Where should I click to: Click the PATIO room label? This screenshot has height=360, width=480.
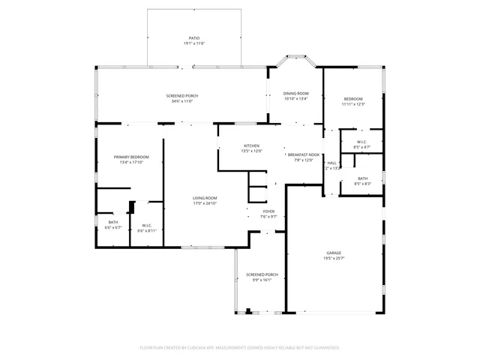[193, 37]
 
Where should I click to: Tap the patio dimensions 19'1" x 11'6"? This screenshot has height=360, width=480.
[193, 43]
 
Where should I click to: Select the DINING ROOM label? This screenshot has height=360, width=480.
[295, 93]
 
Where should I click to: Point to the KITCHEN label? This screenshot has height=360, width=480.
[251, 145]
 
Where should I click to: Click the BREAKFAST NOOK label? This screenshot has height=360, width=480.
[304, 154]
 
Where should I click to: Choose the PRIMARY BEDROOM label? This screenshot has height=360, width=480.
[131, 157]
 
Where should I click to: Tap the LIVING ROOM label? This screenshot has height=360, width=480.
[205, 198]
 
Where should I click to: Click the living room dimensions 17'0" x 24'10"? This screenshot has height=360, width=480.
[205, 203]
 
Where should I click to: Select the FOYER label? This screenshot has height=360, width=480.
[268, 211]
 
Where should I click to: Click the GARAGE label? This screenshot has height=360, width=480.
[334, 253]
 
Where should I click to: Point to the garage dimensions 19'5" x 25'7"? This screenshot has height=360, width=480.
[334, 259]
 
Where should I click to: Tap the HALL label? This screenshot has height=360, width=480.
[331, 163]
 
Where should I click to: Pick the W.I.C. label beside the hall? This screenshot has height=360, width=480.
[361, 142]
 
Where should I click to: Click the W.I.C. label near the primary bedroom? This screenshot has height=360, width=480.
[147, 226]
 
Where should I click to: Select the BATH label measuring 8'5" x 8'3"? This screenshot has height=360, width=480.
[362, 178]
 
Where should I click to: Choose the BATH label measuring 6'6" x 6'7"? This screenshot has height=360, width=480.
[112, 222]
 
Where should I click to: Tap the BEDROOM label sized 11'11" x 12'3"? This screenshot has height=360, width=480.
[353, 99]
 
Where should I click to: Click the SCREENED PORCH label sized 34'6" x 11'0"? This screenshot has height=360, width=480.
[181, 96]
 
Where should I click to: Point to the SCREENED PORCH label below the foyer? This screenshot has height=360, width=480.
[262, 274]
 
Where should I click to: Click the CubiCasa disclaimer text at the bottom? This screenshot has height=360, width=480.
[240, 348]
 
